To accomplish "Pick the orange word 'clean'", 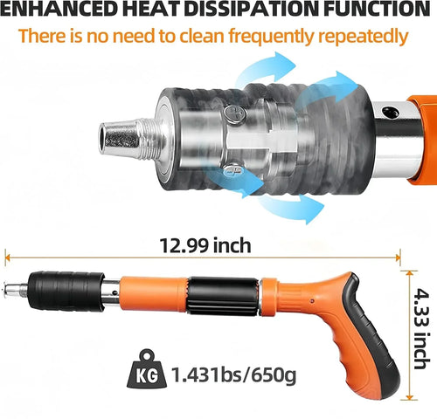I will pos(176,38).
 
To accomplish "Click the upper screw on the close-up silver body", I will pos(231,111).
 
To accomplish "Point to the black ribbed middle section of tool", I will pos(223,299).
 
